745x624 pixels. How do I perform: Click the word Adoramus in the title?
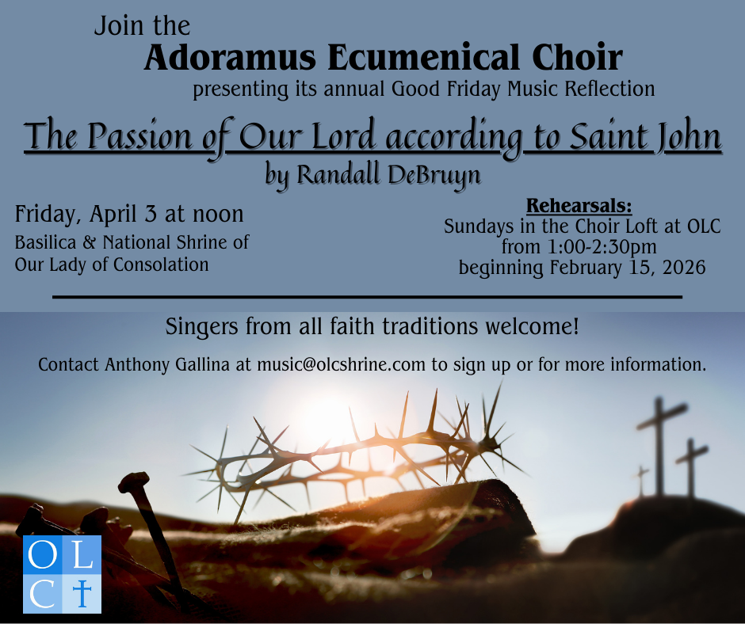(x=231, y=58)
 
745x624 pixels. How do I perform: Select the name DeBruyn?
(x=434, y=175)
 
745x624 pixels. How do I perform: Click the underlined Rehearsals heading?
(x=579, y=206)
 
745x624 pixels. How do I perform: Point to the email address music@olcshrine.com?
(x=341, y=365)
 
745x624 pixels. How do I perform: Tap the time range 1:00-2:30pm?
(x=602, y=247)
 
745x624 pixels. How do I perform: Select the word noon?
(x=218, y=215)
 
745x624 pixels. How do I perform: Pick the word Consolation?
(x=161, y=265)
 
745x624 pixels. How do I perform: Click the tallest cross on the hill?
(x=660, y=446)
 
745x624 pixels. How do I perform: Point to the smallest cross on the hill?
(x=641, y=481)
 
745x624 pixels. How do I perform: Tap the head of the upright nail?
(x=133, y=481)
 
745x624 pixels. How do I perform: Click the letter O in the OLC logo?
(x=42, y=554)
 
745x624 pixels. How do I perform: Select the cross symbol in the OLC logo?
(x=82, y=593)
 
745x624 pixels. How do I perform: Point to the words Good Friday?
(x=445, y=89)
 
